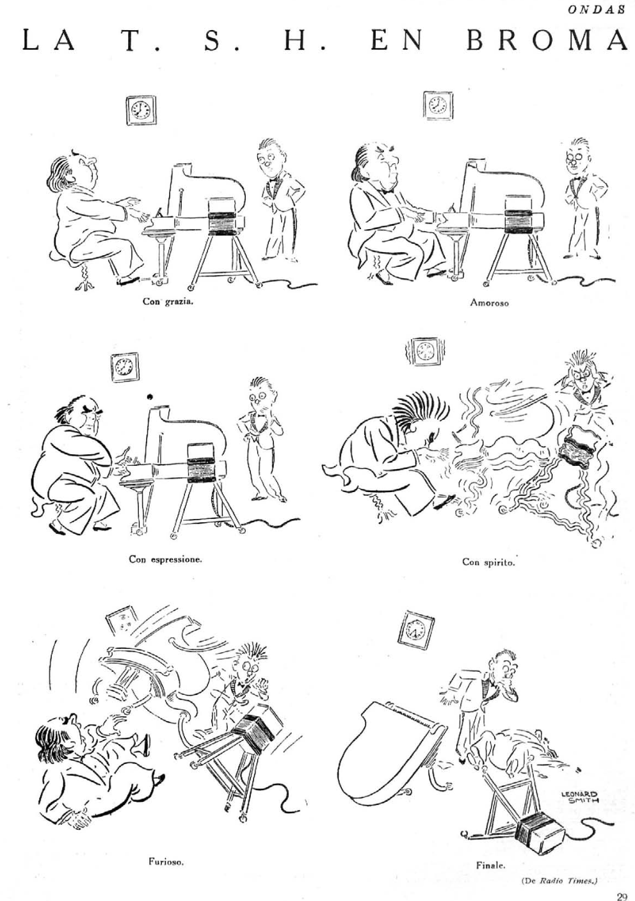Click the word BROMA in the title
tap(547, 41)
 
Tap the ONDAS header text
tap(597, 10)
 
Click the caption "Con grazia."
tap(168, 301)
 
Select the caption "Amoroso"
tap(489, 303)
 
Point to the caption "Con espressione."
tap(165, 559)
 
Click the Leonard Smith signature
tap(579, 797)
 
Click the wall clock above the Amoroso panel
tap(438, 105)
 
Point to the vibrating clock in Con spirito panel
tap(423, 349)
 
